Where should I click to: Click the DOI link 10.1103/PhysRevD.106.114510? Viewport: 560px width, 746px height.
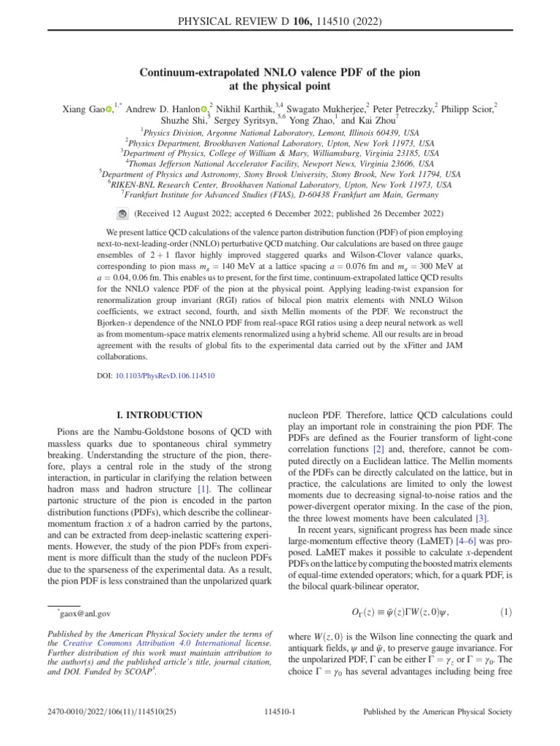tap(165, 377)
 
